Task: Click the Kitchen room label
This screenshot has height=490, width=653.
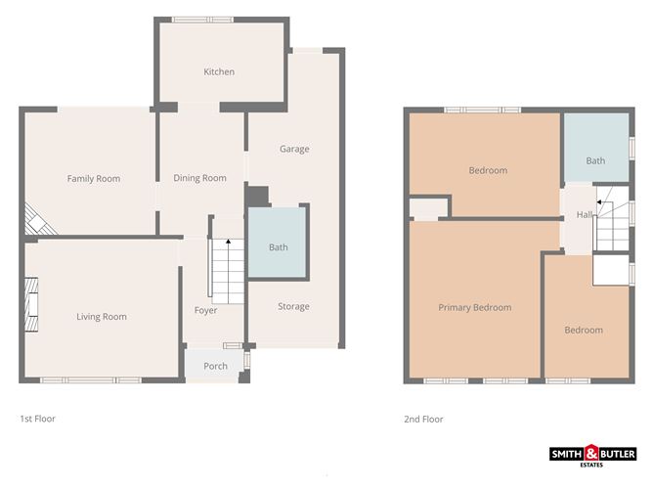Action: [x=219, y=71]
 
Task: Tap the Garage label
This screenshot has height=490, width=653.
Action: [x=294, y=149]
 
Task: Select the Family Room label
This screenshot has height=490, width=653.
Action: [x=94, y=178]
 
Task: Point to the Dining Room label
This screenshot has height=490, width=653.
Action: [x=200, y=178]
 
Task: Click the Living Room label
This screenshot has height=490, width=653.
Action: [x=102, y=316]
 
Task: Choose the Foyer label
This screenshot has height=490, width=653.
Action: [x=205, y=310]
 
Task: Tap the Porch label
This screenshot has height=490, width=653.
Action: [x=215, y=366]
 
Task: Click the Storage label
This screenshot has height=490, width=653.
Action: [x=293, y=306]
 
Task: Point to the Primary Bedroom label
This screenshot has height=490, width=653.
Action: [x=475, y=307]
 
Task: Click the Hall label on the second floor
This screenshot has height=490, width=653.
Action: [x=585, y=214]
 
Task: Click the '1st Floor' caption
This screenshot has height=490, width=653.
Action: [x=38, y=419]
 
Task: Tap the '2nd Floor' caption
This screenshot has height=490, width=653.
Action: [x=423, y=419]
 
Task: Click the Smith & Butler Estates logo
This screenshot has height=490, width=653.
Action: [x=592, y=456]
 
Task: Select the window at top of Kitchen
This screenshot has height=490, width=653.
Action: [x=202, y=20]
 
